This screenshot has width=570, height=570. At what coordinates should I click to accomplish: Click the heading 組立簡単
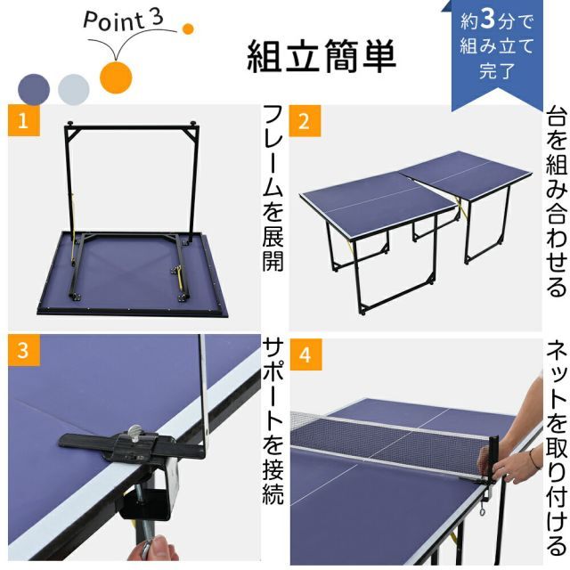[x=322, y=56]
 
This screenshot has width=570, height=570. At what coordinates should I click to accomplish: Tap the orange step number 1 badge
[x=20, y=122]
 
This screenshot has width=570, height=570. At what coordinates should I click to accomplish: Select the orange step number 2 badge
[x=304, y=122]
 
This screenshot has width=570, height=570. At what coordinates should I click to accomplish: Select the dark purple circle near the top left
[x=33, y=87]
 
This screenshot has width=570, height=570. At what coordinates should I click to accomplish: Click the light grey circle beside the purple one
[x=73, y=88]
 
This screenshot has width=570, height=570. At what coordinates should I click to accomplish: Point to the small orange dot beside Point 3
[x=187, y=28]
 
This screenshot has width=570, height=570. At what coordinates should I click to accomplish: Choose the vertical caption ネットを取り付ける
[x=555, y=445]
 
